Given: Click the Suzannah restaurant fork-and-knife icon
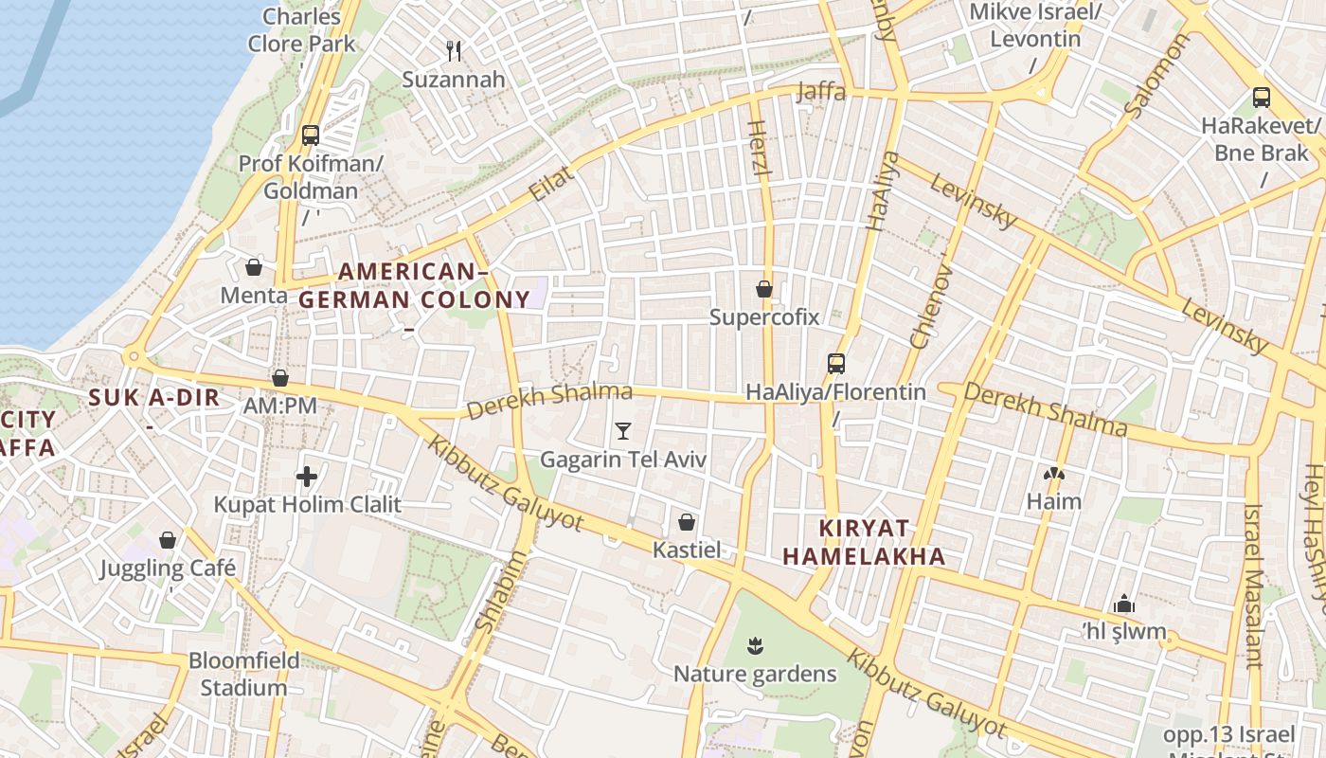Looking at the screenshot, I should point(454,51).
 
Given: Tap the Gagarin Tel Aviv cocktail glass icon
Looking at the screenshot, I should point(622,431).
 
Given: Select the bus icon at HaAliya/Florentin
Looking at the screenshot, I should point(835,364).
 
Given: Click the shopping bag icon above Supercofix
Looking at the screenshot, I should point(764,289).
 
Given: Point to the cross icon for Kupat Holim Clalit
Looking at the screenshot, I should point(307,477).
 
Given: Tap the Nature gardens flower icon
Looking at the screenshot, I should point(755,646).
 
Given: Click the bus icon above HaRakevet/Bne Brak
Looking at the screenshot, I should point(1261,97).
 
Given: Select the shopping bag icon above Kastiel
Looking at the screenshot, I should point(687,522).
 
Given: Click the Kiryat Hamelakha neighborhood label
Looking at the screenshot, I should point(864,542).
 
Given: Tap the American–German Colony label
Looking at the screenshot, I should point(414,286).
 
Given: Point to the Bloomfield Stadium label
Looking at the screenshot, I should point(243,674).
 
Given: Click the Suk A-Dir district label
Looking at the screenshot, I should point(154,398).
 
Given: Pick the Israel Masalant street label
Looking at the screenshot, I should point(1253,586).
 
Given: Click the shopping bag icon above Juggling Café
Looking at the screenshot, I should point(168,540).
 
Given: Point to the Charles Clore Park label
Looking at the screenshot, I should point(301,29).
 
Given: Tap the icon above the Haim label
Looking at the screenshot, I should point(1053,473).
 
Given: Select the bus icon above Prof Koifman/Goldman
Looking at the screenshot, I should point(310,135).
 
